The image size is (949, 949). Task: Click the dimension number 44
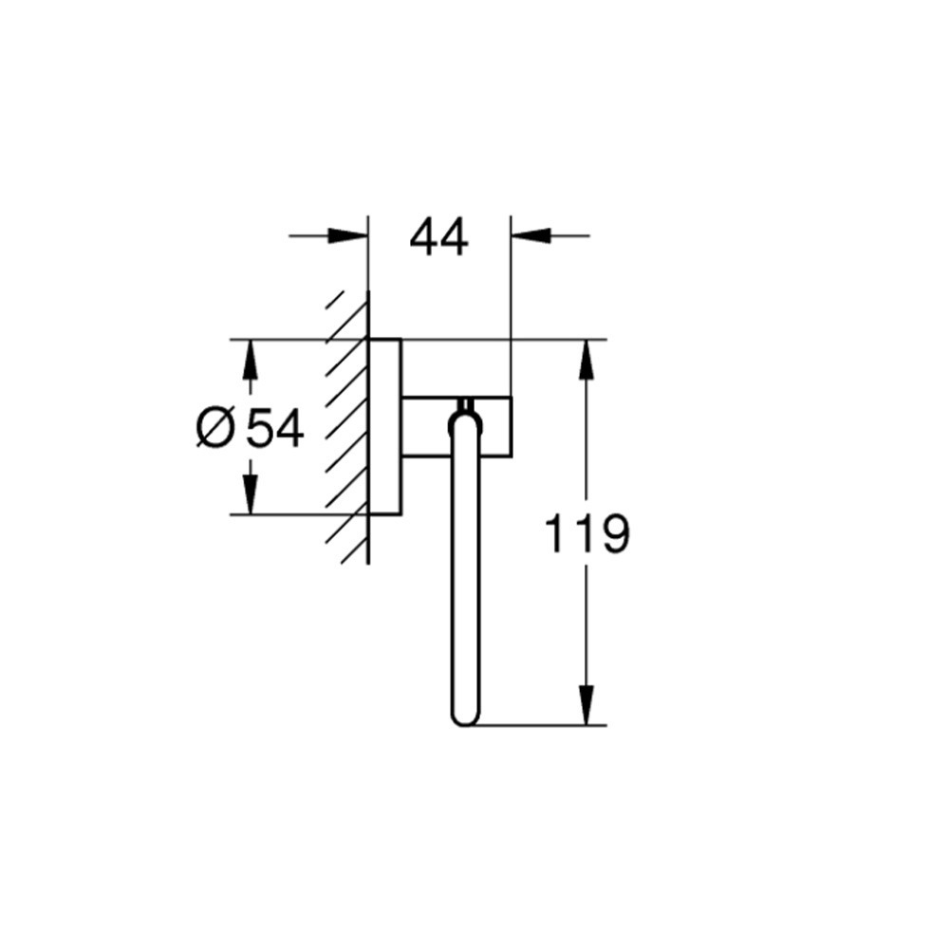coord(438,238)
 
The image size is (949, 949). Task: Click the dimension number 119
coord(587,533)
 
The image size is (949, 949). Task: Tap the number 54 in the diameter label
coord(275,429)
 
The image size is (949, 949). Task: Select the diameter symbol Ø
coord(214,428)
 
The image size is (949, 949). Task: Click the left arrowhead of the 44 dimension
coord(347,236)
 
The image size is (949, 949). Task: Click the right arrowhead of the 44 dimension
coord(531,236)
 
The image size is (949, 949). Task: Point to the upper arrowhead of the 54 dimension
coord(251,360)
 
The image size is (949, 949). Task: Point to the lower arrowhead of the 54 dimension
coord(251,494)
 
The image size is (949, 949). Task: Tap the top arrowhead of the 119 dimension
coord(586,360)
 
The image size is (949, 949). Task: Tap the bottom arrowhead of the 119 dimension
coord(586,704)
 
